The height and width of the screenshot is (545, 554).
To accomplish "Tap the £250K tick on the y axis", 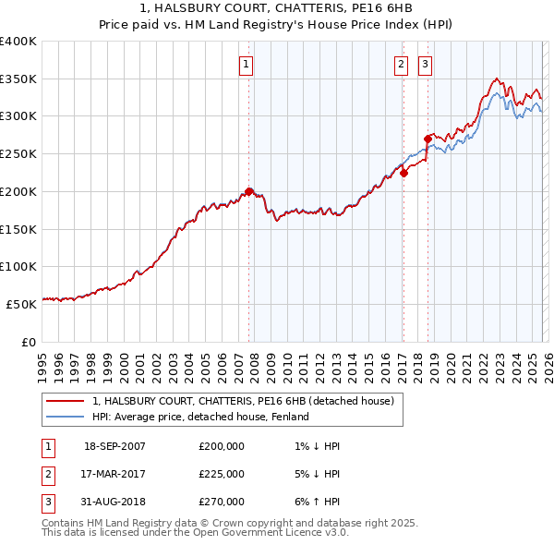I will pos(18,153).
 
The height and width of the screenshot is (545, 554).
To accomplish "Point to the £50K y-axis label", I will pos(21,303).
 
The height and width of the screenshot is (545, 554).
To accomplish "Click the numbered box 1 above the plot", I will pos(247,65).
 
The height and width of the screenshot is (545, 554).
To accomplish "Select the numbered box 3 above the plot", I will pos(425,65).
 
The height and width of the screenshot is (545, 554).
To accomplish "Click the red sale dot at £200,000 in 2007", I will pos(249,191).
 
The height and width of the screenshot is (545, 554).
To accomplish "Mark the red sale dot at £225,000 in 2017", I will pos(403,173).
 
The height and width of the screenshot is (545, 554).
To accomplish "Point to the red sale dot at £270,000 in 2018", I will pos(428,139).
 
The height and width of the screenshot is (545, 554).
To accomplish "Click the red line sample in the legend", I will pos(66,401).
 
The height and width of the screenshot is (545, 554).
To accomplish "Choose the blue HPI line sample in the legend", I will pos(66,417).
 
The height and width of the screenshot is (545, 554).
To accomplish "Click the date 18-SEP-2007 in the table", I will pos(114,446).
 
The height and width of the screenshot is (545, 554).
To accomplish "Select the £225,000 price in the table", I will pos(222,474).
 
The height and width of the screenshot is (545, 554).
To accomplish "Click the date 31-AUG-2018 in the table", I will pos(114,502).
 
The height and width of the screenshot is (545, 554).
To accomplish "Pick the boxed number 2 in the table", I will pos(47,474).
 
